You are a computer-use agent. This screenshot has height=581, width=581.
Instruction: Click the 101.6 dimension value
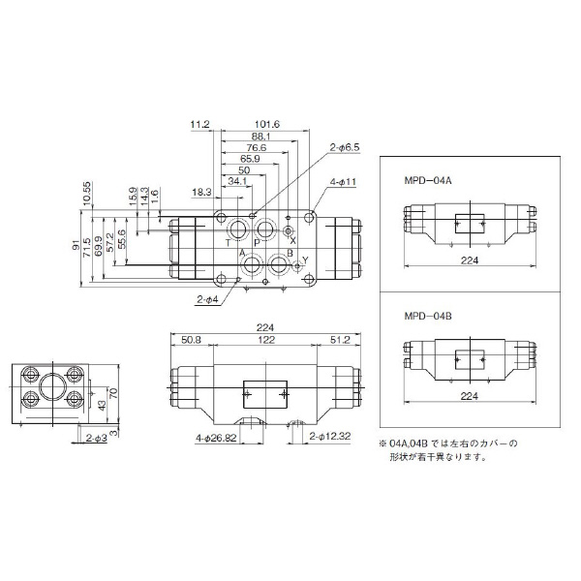point(268,124)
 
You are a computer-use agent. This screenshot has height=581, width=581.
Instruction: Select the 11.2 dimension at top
point(200,124)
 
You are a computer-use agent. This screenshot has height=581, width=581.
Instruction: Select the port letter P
point(257,242)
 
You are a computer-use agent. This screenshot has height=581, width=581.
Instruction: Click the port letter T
point(228,242)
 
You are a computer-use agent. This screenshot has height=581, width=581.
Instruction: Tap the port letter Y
point(305,260)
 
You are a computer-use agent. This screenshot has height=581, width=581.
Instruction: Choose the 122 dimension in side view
point(264,341)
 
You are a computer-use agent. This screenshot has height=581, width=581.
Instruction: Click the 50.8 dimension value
point(191,341)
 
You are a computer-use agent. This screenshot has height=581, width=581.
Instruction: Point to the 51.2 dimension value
point(339,341)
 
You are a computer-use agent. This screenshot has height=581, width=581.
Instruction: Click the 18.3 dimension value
point(201,192)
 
